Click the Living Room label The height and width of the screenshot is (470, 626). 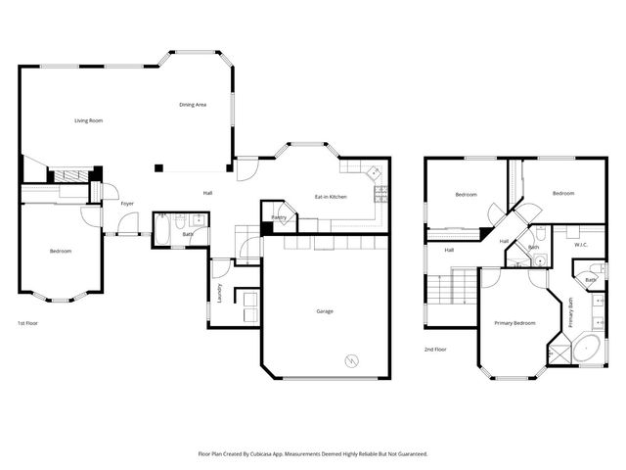pos(89,120)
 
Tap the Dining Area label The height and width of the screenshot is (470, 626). pos(192,105)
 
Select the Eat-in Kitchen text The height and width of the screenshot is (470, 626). pos(331,197)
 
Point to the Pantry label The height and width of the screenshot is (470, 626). pos(278,216)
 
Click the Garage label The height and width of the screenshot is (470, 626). pos(324,311)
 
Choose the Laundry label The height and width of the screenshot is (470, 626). pos(220,292)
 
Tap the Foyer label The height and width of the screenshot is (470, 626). pos(127,204)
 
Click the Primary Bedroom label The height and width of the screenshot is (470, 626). pos(514,323)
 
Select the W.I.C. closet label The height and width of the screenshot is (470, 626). pos(580,245)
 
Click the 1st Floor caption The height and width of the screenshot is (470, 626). pos(28,323)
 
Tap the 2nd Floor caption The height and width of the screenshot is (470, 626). pos(435,349)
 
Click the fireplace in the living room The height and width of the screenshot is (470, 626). pos(70,175)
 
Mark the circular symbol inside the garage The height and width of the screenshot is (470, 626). pos(350,360)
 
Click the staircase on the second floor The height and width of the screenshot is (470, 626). pos(451,293)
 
